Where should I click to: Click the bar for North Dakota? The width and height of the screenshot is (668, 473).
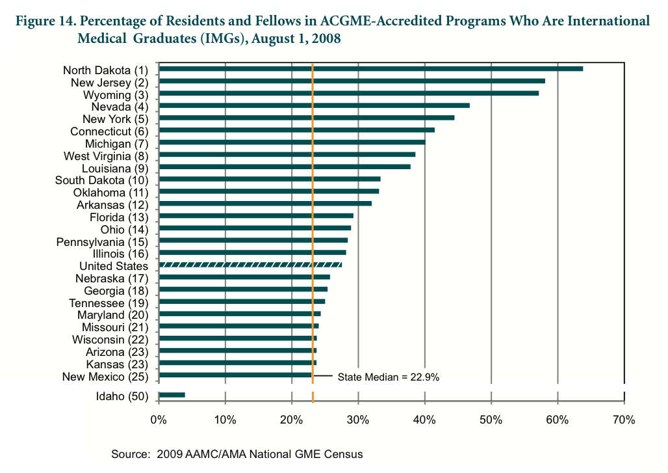tap(370, 68)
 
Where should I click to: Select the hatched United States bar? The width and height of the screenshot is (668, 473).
tap(250, 265)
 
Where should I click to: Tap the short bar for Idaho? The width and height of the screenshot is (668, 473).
tap(172, 395)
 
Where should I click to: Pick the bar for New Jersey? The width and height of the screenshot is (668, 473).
tap(351, 81)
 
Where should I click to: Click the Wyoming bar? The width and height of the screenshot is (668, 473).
tap(348, 93)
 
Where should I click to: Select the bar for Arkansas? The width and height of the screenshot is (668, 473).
tap(265, 203)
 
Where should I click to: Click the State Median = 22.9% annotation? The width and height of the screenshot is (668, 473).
tap(389, 377)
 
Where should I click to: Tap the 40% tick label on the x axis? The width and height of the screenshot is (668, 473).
tap(425, 420)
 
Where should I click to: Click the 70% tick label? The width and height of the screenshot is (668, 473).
tap(624, 420)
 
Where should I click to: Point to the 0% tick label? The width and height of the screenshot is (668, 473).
tap(159, 420)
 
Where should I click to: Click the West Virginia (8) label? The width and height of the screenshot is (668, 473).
tap(106, 156)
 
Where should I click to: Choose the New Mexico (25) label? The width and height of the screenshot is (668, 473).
tap(105, 377)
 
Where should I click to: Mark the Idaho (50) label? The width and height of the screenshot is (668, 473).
tap(122, 396)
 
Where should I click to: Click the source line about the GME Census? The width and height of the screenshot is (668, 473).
tap(237, 453)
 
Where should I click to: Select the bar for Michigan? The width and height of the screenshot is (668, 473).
tap(292, 142)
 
